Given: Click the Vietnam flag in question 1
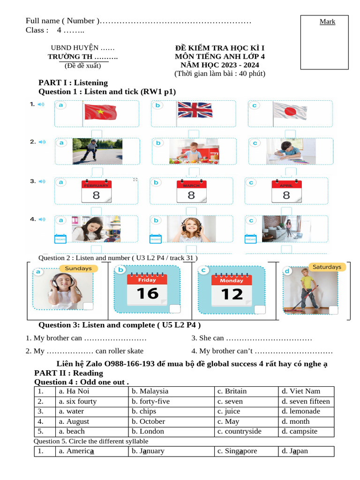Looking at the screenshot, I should click(100, 112).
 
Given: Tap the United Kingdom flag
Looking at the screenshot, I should click(195, 111).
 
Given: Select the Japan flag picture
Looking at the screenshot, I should click(289, 112).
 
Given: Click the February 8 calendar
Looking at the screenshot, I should click(96, 191).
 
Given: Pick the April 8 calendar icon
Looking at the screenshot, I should click(286, 191).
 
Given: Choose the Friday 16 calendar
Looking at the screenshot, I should click(147, 289).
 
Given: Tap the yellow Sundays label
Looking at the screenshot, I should click(78, 269).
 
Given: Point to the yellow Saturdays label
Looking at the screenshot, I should click(327, 267).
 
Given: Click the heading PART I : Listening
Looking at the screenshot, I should click(73, 82).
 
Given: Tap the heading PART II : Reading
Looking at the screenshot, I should click(68, 373).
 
